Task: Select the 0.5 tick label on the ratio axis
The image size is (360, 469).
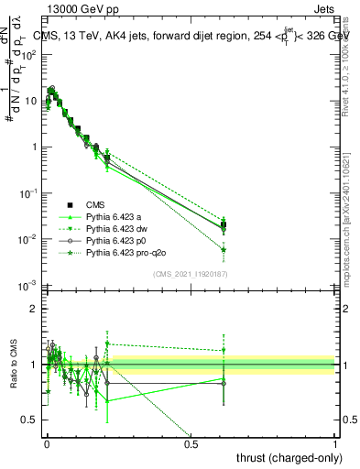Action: click(x=30, y=420)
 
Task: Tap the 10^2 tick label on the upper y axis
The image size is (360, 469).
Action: click(x=28, y=54)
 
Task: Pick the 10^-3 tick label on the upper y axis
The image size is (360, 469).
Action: click(x=28, y=286)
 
